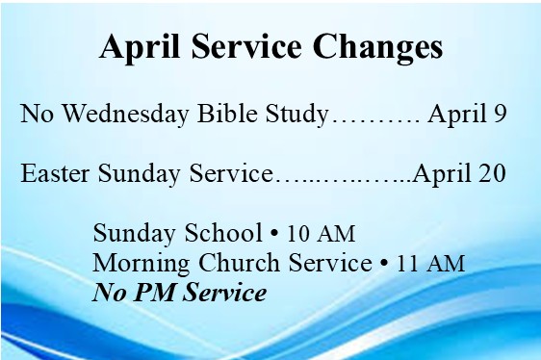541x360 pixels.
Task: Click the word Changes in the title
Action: tap(377, 47)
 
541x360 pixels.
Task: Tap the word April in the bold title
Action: tap(140, 47)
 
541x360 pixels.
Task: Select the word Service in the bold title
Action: tap(246, 46)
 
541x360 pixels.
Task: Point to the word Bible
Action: tap(227, 113)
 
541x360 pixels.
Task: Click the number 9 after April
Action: tap(500, 114)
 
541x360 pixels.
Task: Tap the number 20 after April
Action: tap(492, 173)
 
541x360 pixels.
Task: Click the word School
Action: tap(223, 232)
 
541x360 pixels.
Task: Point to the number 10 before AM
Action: tap(297, 233)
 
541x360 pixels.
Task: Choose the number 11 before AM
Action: tap(408, 264)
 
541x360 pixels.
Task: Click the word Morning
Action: tap(141, 264)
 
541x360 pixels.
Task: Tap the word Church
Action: tap(239, 263)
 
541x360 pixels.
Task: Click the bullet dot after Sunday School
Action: tap(274, 233)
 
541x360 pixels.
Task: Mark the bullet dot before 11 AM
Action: tap(384, 263)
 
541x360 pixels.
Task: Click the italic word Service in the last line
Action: tap(224, 293)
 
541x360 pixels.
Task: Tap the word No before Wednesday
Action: tap(37, 114)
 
